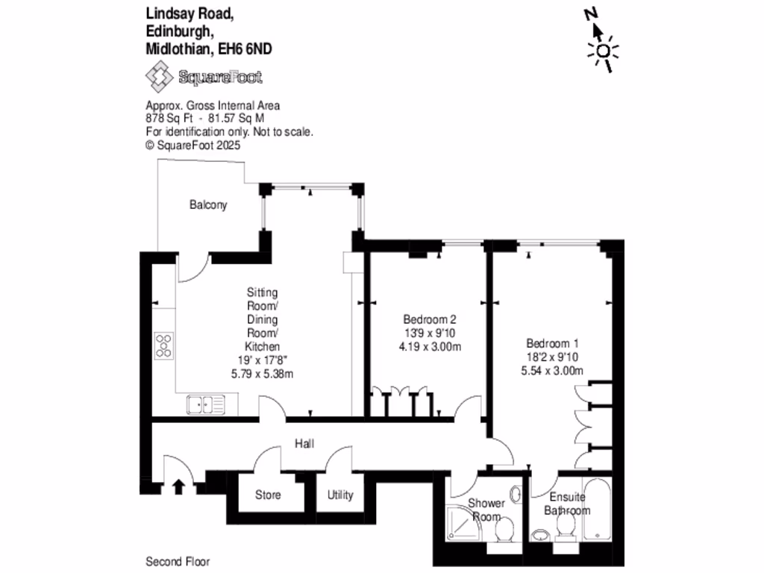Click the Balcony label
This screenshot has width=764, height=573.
click(208, 204)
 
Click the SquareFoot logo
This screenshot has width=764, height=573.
click(204, 77)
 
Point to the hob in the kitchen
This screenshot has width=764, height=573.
click(164, 345)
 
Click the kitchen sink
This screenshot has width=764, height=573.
click(206, 405)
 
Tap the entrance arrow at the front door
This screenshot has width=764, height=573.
click(178, 486)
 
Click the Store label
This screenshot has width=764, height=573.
click(268, 495)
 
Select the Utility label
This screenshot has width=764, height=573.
click(339, 495)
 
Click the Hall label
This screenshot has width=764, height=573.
click(303, 444)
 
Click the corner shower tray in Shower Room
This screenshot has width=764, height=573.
click(467, 525)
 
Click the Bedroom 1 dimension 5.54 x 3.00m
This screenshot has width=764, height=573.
click(554, 371)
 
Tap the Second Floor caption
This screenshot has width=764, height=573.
click(178, 561)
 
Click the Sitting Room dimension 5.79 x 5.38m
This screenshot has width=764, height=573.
click(263, 374)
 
